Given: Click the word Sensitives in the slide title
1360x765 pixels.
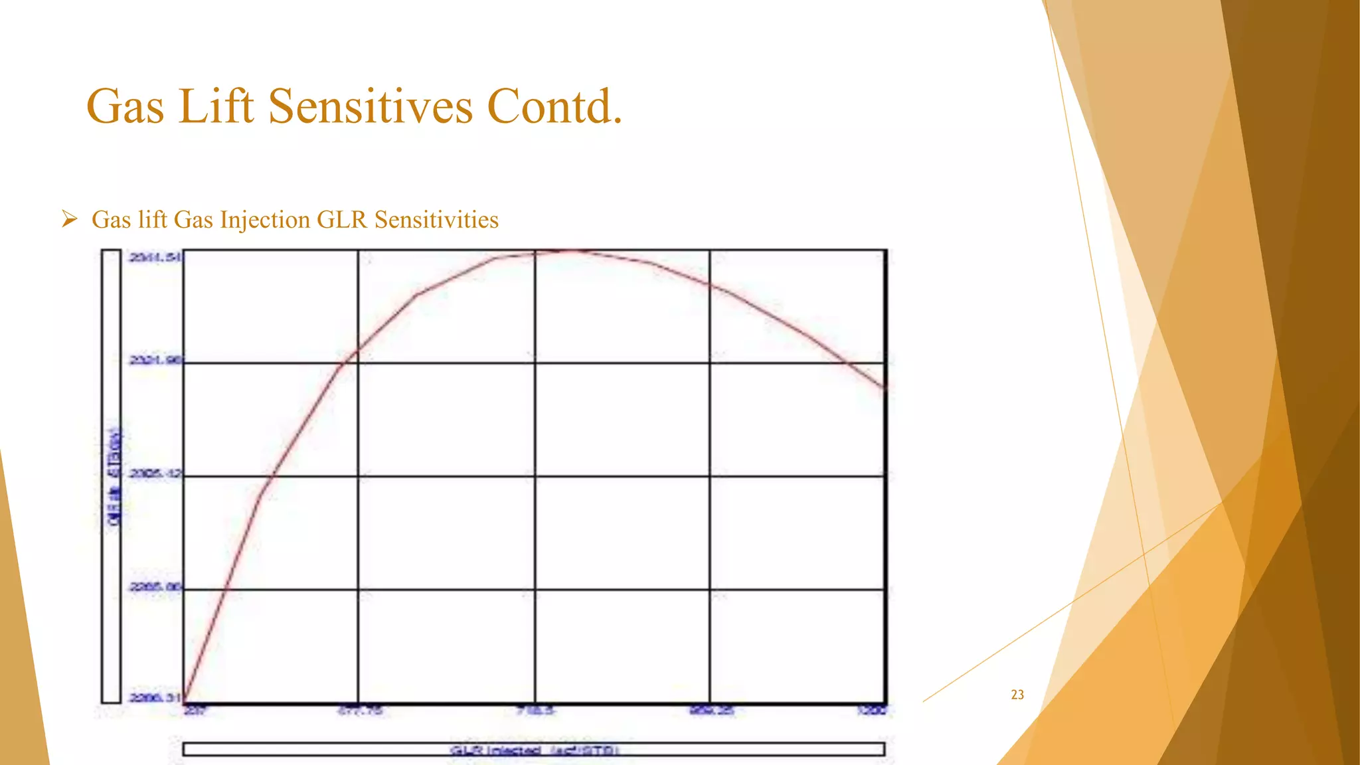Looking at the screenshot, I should click(x=370, y=106).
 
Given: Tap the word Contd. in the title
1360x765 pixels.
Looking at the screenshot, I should click(x=554, y=106).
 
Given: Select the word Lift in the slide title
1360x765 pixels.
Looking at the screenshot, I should click(x=216, y=106).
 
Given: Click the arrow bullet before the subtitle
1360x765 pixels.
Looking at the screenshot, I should click(x=69, y=218).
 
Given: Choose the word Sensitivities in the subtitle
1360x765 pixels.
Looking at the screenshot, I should click(x=436, y=220).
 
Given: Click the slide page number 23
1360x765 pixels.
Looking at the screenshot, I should click(x=1017, y=695).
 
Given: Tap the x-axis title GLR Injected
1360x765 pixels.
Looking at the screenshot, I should click(x=534, y=750).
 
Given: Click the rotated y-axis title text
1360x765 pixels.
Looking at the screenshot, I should click(x=114, y=478).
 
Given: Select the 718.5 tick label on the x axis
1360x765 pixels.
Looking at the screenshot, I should click(x=535, y=711).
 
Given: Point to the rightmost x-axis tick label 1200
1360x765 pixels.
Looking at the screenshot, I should click(x=872, y=711).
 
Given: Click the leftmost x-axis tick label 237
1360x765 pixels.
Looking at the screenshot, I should click(x=195, y=711).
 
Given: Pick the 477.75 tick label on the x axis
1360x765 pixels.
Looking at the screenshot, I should click(x=359, y=711).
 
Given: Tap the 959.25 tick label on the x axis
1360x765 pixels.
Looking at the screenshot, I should click(x=711, y=711).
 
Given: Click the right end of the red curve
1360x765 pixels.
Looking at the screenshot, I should click(x=885, y=388).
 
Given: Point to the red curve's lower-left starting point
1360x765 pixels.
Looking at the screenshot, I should click(x=185, y=699).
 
